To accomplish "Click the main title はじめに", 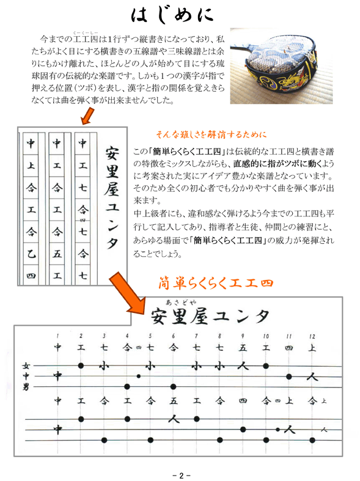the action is pos(172,15).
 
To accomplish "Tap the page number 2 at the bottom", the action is pos(182,475).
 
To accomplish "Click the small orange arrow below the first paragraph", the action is pos(87,116).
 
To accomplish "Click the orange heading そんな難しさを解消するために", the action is pos(211,134).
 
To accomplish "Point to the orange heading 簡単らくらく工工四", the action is pos(216,282).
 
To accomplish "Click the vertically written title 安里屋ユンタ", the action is pos(112,198).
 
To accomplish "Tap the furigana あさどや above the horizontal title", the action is pos(181,302).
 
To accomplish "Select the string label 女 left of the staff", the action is pos(26,365).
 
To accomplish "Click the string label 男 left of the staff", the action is pos(26,387).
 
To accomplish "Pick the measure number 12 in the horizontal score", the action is pos(312,336).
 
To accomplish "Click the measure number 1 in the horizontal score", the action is pos(57,336).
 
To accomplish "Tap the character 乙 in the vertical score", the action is pos(31,254).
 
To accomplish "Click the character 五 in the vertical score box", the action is pos(57,254).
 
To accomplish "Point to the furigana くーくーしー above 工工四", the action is pos(86,32).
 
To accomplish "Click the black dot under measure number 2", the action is pos(81,365).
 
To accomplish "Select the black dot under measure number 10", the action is pos(266,365).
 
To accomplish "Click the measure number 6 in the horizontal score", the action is pos(173,336).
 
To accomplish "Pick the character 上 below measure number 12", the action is pos(312,348).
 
